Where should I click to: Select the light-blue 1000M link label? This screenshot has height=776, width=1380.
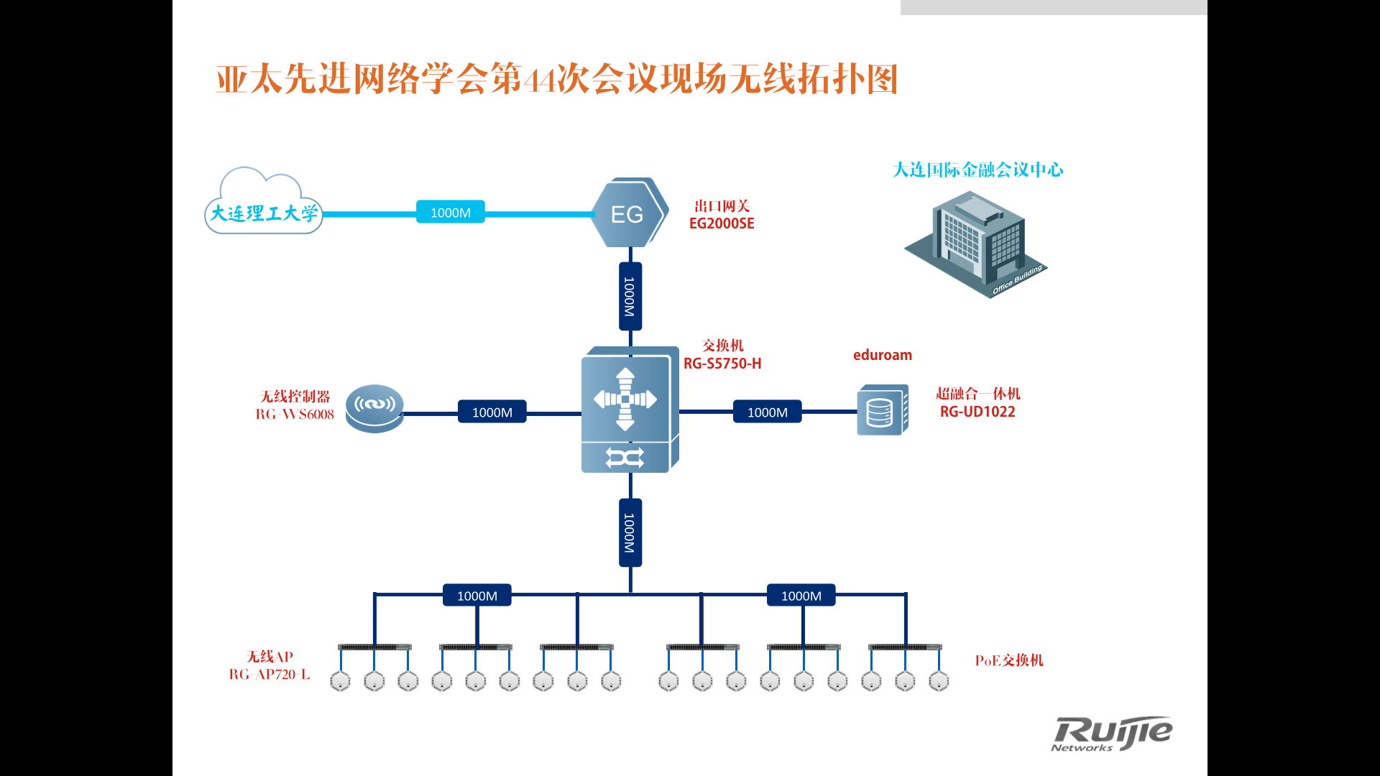(x=451, y=212)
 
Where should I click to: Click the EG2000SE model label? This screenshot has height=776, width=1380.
(x=722, y=223)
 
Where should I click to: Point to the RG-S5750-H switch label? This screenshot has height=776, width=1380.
(x=722, y=364)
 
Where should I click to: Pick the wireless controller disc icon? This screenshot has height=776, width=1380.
(x=374, y=407)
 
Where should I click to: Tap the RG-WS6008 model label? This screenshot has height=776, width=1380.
(x=295, y=415)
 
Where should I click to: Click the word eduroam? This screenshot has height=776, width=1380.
(x=883, y=355)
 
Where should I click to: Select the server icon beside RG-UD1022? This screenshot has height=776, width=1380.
(x=882, y=410)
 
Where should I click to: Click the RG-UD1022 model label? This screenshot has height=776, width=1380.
(x=977, y=412)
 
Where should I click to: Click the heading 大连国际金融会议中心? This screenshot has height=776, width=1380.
(x=977, y=170)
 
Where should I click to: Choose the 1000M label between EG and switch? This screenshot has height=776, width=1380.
(x=630, y=296)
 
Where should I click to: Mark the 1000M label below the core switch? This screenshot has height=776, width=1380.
(x=630, y=532)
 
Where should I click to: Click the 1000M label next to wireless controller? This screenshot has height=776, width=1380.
(x=492, y=412)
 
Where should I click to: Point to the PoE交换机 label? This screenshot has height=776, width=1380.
(x=1008, y=660)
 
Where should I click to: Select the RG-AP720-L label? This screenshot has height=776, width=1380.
(x=270, y=675)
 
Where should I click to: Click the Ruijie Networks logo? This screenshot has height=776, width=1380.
(x=1111, y=734)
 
